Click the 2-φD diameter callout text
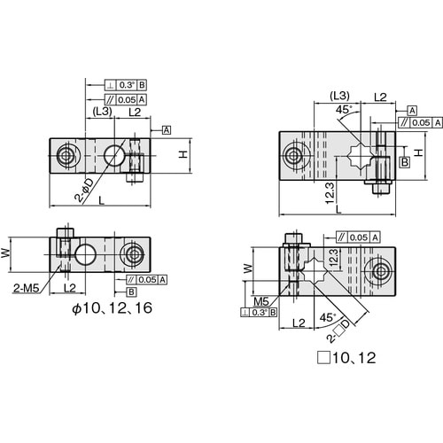[x=84, y=190]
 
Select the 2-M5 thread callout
[x=27, y=288]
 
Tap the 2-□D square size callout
[x=339, y=331]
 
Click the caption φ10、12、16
[x=113, y=308]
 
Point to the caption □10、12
[x=346, y=358]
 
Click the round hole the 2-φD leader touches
[x=114, y=155]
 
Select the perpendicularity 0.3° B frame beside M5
[x=259, y=312]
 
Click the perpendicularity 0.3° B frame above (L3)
[x=126, y=85]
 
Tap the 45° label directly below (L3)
[x=344, y=110]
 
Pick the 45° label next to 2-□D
[x=328, y=317]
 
